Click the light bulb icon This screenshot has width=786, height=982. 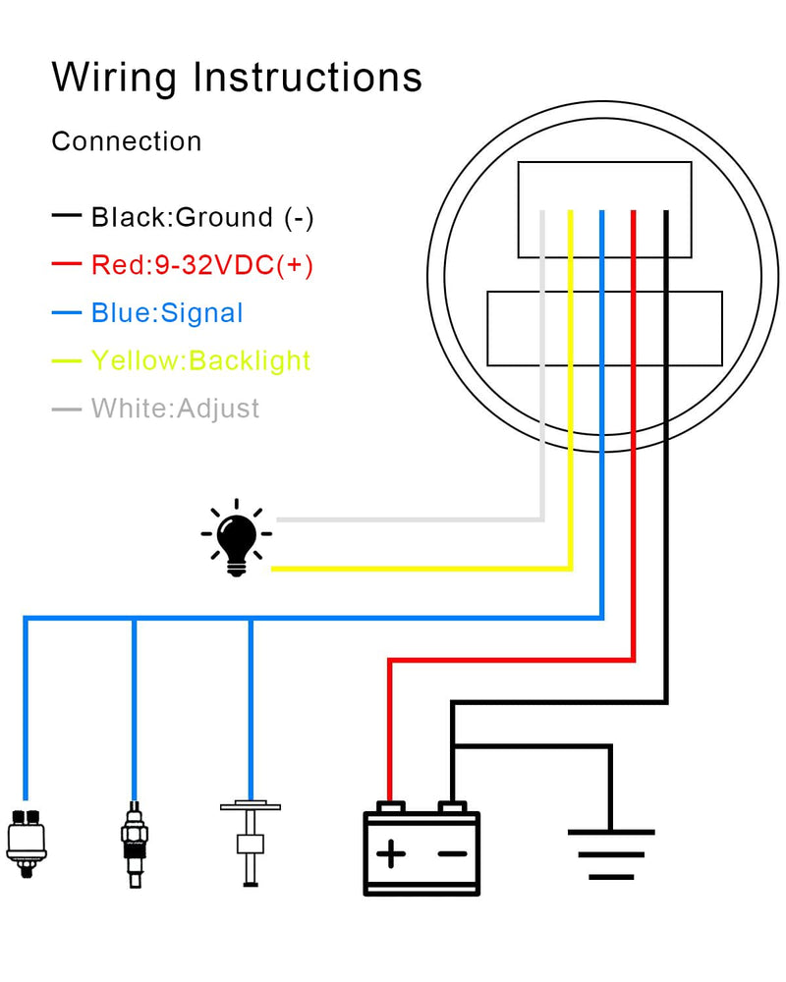pos(237,538)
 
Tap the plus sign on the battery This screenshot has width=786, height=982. pos(391,853)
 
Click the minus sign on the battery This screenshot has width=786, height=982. pos(452,853)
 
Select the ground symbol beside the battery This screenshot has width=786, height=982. pos(611,854)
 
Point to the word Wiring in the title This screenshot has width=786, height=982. pos(114,79)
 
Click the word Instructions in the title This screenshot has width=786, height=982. pos(308,77)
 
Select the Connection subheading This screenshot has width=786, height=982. pos(127,141)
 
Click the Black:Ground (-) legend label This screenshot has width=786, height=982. pos(202,217)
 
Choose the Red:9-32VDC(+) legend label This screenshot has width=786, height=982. pos(202,265)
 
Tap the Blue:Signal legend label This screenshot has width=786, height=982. pos(167,312)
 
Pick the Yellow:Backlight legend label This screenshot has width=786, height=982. pos(200,360)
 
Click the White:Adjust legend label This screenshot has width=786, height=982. pos(175,409)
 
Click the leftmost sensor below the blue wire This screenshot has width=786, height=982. pos(27,843)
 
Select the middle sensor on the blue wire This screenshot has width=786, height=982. pos(135,845)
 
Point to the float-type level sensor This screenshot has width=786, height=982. pos(251,843)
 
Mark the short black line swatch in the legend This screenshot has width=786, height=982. pos(67,215)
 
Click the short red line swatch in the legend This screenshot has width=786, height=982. pos(67,263)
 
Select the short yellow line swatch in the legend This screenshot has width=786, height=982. pos(67,360)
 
